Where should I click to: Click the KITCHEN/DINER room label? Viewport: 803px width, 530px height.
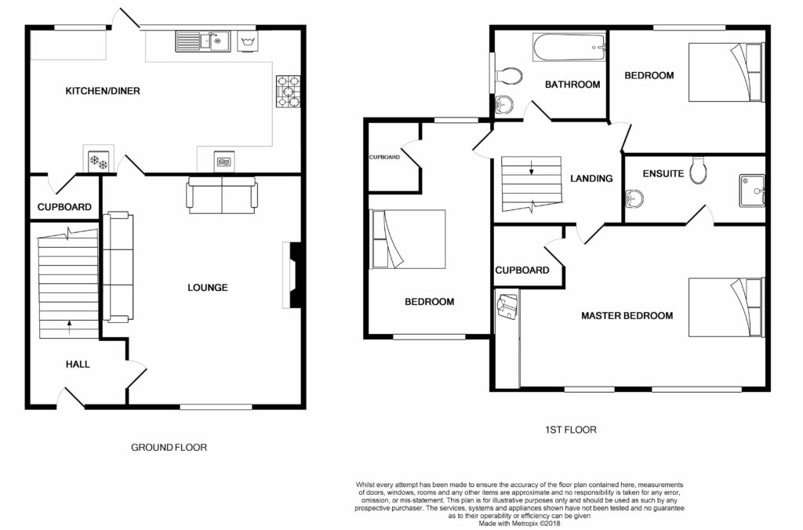tap(103, 91)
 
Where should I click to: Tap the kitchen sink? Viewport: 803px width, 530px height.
tap(203, 42)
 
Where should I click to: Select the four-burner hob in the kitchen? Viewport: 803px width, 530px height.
tap(289, 91)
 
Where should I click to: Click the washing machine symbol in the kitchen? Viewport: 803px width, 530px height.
tap(248, 41)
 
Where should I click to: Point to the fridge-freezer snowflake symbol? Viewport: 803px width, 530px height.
tap(98, 161)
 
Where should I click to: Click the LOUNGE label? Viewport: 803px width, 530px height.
tap(207, 287)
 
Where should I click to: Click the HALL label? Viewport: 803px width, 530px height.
tap(78, 364)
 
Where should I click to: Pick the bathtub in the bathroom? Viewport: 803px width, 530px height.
tap(569, 48)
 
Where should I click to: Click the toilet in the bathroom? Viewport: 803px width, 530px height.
tap(508, 76)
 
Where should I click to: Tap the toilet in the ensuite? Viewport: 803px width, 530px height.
tap(698, 170)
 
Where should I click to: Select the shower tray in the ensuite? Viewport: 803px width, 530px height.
tap(752, 191)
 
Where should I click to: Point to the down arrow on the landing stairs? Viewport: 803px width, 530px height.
tap(531, 168)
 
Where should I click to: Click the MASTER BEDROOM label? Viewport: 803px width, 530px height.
tap(627, 315)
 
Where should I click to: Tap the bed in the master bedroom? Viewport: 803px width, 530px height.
tap(726, 307)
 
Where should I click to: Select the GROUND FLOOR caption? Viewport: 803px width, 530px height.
tap(169, 447)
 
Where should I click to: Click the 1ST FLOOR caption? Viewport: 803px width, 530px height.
tap(571, 430)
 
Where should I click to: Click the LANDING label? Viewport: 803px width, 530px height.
tap(591, 178)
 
